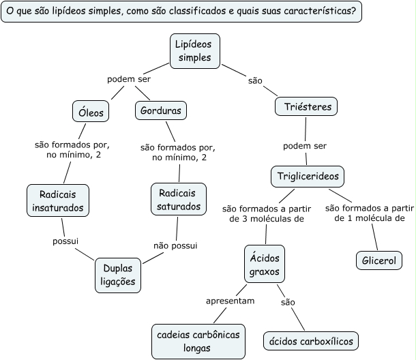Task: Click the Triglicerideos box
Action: point(308,176)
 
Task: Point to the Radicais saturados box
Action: point(176,198)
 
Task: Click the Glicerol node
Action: point(379,260)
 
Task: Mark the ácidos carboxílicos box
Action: point(310,340)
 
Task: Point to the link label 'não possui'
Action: point(175,245)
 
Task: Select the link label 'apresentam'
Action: point(231,300)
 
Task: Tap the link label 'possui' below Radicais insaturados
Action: point(65,241)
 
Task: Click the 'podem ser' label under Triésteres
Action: point(305,146)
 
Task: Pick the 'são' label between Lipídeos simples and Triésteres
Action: point(256,80)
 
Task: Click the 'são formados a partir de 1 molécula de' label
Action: point(370,213)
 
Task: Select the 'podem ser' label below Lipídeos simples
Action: point(129,79)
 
